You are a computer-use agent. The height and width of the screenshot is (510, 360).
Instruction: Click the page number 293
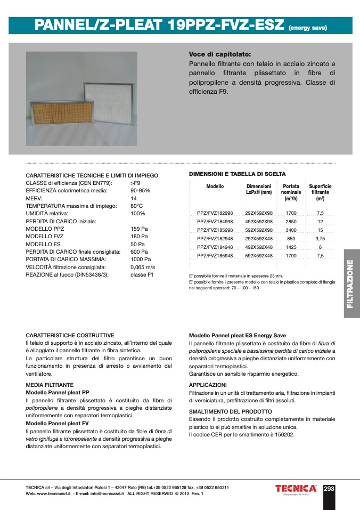click(329, 488)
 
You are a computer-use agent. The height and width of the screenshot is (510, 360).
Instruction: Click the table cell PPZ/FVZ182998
click(215, 213)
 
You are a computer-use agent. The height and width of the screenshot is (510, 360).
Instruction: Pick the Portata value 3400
click(291, 230)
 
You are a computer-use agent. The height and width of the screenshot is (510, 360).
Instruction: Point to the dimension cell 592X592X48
click(259, 255)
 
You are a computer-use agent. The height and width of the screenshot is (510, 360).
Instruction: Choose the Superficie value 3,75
click(320, 238)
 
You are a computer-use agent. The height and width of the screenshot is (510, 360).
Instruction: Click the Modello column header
click(215, 187)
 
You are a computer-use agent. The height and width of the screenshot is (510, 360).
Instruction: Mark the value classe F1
click(142, 274)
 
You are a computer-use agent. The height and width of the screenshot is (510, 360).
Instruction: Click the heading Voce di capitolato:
click(219, 54)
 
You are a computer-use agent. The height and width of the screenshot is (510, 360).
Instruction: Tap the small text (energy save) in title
click(307, 28)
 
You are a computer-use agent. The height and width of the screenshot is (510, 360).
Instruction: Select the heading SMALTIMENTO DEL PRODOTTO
click(231, 411)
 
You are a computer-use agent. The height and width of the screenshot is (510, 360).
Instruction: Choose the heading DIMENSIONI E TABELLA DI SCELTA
click(238, 174)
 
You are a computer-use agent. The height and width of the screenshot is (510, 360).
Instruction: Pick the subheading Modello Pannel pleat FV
click(57, 423)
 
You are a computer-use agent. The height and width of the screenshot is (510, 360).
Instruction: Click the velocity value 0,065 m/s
click(143, 267)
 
